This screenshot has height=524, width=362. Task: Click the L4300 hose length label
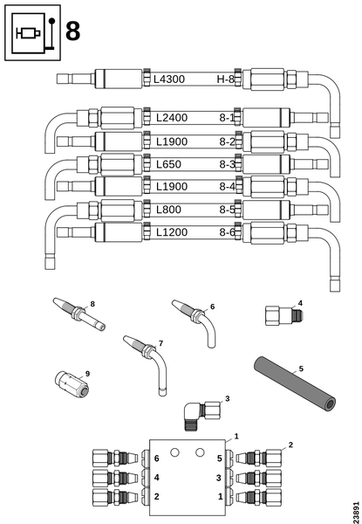pos(169,79)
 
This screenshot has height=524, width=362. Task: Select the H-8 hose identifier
pos(226,79)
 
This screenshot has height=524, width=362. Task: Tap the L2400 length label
pos(172,118)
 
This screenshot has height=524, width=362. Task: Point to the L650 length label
pos(168,164)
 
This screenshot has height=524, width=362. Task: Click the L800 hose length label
pos(168,210)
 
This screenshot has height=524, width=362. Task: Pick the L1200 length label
pos(172,232)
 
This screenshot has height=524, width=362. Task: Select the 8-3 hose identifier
pos(227,164)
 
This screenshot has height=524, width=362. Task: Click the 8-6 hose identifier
pos(227,232)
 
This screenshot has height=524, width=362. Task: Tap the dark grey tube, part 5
pos(295,384)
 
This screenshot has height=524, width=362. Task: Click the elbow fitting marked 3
pos(201,414)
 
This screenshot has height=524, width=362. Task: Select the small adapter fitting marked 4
pos(283,315)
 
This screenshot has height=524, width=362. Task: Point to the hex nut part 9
pos(72,384)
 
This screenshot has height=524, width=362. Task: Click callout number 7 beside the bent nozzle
pos(161,343)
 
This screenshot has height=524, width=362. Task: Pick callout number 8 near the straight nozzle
pos(92,304)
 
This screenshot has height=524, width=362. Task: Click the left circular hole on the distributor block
pos(174,452)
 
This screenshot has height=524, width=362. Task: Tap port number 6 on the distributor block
pos(156,458)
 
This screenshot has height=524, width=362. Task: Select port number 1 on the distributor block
pos(220,497)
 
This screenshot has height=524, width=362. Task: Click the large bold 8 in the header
pos(72,31)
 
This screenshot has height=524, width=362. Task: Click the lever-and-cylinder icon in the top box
pos(32,32)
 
